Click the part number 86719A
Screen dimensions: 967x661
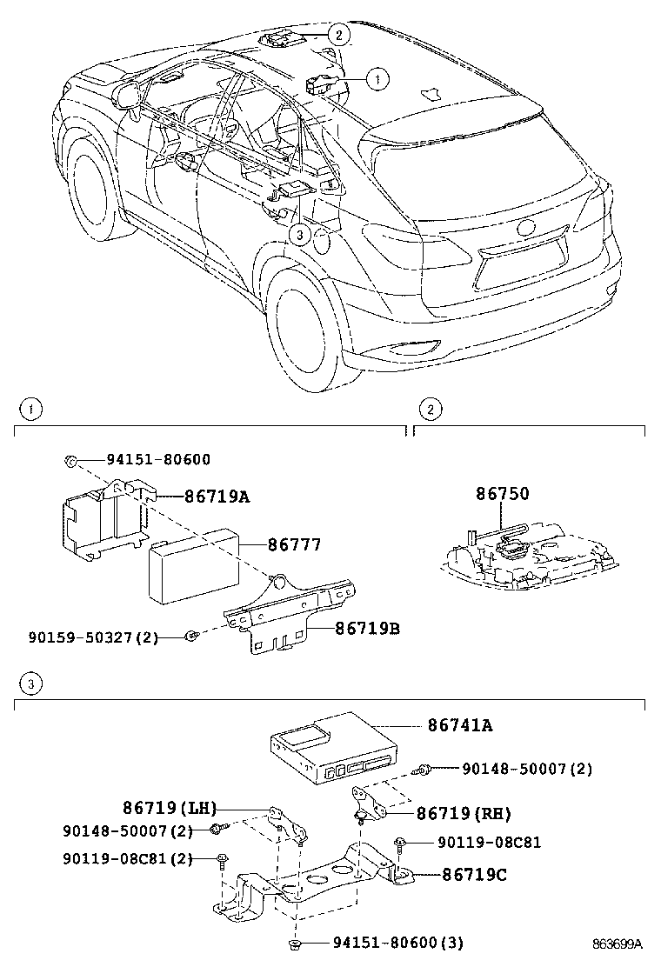click(x=217, y=497)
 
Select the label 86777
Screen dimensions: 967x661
click(x=294, y=545)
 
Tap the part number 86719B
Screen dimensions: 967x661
click(x=355, y=627)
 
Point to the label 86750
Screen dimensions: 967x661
click(x=502, y=494)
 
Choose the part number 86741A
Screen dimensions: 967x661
click(x=459, y=724)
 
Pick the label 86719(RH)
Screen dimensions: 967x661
click(x=463, y=814)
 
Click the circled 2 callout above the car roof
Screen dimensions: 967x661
click(x=338, y=35)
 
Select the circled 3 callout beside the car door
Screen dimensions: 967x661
click(x=298, y=234)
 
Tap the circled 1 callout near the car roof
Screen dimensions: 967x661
click(x=376, y=79)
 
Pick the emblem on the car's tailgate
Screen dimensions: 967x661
click(x=527, y=229)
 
